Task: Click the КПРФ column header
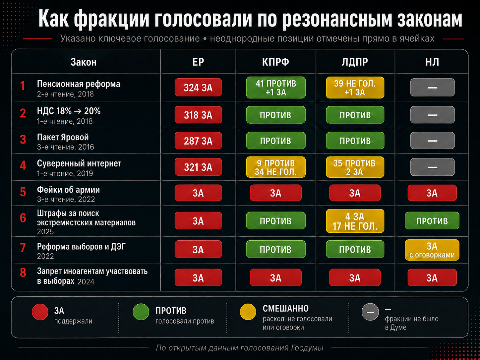click(275, 62)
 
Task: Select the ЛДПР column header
click(355, 62)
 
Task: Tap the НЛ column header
click(432, 62)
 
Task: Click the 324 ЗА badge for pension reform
click(198, 88)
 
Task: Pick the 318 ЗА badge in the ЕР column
click(198, 115)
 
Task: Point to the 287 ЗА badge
click(198, 141)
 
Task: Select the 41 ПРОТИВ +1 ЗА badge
click(276, 88)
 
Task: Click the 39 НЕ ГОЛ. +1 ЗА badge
click(355, 88)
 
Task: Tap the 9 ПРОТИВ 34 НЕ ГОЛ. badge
click(276, 167)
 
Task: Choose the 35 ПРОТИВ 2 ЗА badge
click(355, 167)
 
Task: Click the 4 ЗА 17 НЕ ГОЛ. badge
click(355, 221)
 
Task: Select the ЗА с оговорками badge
click(432, 250)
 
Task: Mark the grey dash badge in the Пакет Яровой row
click(432, 141)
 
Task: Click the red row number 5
click(23, 192)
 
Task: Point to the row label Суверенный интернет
click(79, 163)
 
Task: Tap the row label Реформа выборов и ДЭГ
click(81, 247)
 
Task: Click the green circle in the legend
click(141, 312)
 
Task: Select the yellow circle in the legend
click(248, 312)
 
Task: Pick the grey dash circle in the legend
click(370, 312)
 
